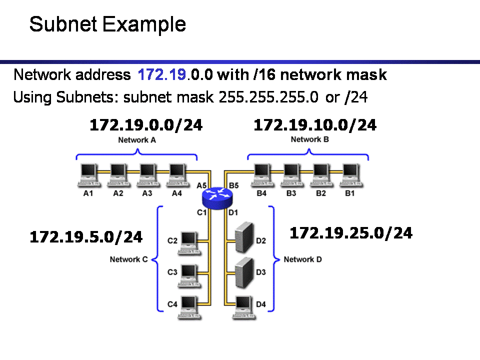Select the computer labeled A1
pos(88,174)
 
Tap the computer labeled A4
pos(176,174)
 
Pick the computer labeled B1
pos(350,174)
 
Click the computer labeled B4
pos(261,174)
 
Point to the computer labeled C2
pos(189,241)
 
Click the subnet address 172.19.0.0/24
pos(146,125)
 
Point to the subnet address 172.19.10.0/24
pos(315,125)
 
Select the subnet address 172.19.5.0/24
pos(86,236)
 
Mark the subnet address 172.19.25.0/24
pos(351,232)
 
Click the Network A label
pos(137,140)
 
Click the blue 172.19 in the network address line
pos(162,75)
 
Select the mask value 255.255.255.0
pos(268,97)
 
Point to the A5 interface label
pos(202,185)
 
